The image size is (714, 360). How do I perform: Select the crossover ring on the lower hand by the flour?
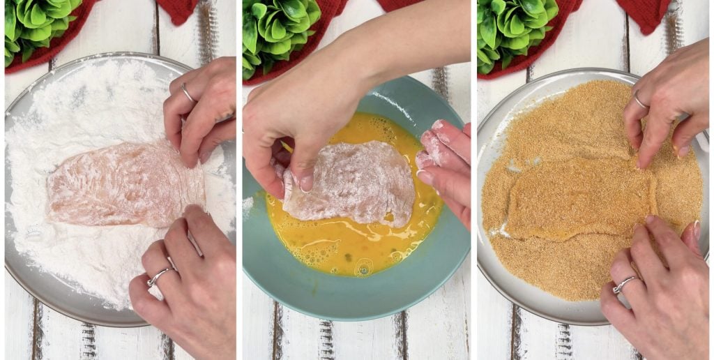pos(158,276)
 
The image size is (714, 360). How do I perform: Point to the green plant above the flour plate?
pos(38,24)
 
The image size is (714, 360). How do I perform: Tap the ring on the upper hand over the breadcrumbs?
pos(639,101)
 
